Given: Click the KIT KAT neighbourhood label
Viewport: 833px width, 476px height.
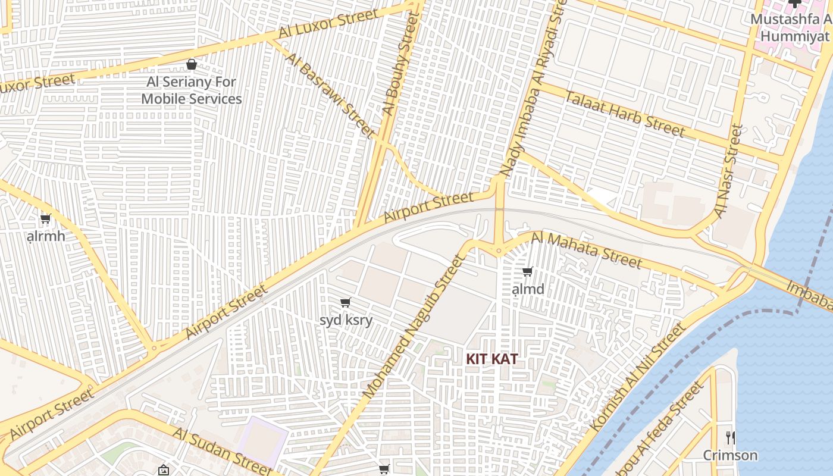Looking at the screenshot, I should pos(491,359).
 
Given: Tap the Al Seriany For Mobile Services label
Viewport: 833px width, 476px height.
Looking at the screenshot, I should pos(192,90).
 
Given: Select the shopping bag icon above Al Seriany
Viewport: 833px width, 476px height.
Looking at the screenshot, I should pos(192,64).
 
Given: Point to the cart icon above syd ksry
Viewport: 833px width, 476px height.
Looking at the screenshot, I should pos(346,303).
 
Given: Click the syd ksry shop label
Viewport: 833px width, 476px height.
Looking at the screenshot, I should pos(346,320).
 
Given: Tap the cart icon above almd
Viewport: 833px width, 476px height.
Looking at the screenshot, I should pos(527,272).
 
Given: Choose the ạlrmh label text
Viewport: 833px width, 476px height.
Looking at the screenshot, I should pos(46,236).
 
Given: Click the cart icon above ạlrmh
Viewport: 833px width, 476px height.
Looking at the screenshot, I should pos(46,218).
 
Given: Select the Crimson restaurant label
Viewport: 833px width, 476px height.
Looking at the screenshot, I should pos(730,455).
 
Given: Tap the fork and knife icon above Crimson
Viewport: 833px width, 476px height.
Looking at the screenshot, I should pos(731,437).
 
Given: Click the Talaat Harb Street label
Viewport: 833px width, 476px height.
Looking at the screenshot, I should pos(625,113).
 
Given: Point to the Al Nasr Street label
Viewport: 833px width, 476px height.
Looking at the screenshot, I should pos(729,171).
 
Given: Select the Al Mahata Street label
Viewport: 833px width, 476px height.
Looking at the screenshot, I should pos(587,250).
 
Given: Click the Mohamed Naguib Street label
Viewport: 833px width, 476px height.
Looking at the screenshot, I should pos(412,327).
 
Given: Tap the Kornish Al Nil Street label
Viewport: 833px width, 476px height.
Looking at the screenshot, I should pos(638,378).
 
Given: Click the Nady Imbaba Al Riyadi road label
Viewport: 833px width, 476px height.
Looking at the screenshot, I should pos(533,89).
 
